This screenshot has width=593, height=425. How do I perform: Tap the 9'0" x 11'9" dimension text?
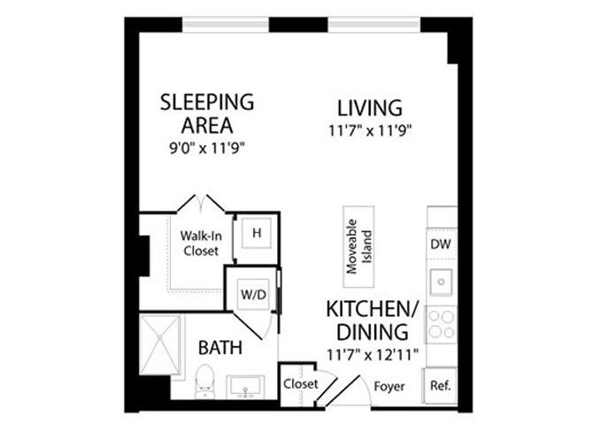(206, 148)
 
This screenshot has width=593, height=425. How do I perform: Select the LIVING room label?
(369, 108)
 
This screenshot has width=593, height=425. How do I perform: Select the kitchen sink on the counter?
(441, 282)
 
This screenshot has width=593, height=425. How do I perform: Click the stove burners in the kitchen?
(441, 324)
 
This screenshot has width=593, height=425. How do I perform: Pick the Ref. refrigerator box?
(441, 385)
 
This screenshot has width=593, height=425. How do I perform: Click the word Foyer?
(389, 386)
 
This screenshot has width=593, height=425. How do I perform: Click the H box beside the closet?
(256, 233)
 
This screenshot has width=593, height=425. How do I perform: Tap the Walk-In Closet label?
(200, 243)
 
